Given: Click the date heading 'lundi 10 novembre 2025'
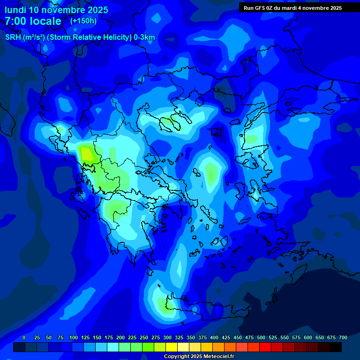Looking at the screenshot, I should pyautogui.click(x=56, y=10).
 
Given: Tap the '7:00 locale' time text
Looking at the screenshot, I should pyautogui.click(x=33, y=21).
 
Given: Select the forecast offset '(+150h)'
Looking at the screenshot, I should pyautogui.click(x=83, y=21).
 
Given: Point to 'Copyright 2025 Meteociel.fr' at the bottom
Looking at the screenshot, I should pyautogui.click(x=199, y=357).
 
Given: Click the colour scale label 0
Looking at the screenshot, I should pyautogui.click(x=24, y=337).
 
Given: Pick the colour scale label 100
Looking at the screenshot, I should pyautogui.click(x=74, y=337).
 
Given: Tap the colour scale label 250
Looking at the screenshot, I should pyautogui.click(x=144, y=337).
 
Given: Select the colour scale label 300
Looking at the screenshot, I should pyautogui.click(x=167, y=337).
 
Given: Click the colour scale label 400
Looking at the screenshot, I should pyautogui.click(x=214, y=337).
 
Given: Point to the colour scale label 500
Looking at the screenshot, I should pyautogui.click(x=261, y=337).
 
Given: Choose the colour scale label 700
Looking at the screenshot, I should pyautogui.click(x=343, y=337).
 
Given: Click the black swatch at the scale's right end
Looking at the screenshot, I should pyautogui.click(x=336, y=347).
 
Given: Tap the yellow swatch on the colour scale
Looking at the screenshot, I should pyautogui.click(x=172, y=347).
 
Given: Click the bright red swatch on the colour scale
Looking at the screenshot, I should pyautogui.click(x=265, y=347).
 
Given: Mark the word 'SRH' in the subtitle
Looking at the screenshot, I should pyautogui.click(x=13, y=37).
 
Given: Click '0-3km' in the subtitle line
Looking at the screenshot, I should pyautogui.click(x=144, y=37).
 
